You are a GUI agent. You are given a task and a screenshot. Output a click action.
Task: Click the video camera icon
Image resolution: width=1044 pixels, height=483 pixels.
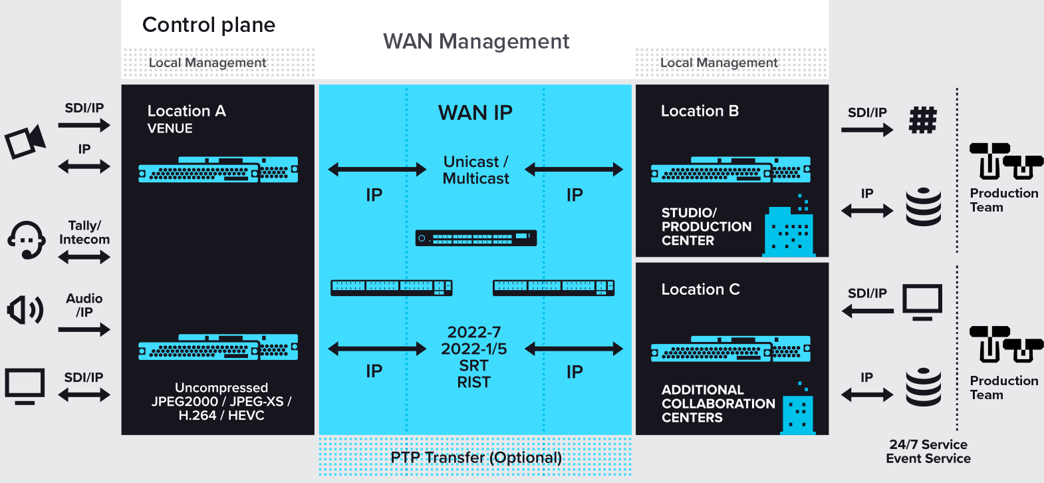click(25, 141)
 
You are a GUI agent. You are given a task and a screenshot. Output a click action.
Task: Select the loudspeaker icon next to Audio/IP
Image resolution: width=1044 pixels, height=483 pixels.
click(25, 310)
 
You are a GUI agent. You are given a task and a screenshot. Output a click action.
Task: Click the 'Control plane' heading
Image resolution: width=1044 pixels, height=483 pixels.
click(209, 25)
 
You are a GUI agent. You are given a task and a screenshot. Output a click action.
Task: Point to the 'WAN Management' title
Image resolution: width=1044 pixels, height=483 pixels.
click(476, 41)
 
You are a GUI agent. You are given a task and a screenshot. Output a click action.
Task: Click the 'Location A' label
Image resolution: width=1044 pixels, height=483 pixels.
click(186, 111)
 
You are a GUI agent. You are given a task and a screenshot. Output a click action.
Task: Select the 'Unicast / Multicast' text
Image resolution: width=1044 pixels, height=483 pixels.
click(475, 170)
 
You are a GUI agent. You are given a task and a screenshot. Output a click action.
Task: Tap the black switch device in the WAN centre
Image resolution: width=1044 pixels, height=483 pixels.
click(475, 238)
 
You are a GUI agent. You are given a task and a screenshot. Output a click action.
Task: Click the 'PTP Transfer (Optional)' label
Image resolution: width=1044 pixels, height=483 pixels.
click(475, 458)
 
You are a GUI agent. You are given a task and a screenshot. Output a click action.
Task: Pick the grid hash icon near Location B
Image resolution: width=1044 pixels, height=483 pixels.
click(923, 120)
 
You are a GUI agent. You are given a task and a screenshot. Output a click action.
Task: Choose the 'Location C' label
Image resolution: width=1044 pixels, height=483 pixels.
click(700, 289)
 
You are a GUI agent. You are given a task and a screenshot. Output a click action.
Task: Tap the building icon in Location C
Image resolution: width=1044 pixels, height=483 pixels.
click(798, 410)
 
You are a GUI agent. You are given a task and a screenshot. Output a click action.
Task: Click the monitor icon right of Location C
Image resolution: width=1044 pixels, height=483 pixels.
click(922, 302)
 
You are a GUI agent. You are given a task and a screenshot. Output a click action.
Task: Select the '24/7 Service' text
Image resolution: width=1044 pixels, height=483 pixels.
click(928, 444)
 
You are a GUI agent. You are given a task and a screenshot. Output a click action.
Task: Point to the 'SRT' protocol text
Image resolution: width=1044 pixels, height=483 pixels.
click(473, 366)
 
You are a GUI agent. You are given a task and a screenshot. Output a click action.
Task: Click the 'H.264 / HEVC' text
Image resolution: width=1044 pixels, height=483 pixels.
click(221, 415)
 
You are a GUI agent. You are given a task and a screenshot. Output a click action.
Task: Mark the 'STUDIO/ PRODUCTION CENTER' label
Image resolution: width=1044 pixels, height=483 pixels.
click(706, 226)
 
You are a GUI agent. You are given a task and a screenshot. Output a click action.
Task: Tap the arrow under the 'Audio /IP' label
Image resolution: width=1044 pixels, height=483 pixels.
click(84, 329)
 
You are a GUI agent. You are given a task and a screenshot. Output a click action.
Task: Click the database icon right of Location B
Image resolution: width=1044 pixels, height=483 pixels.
click(924, 207)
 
